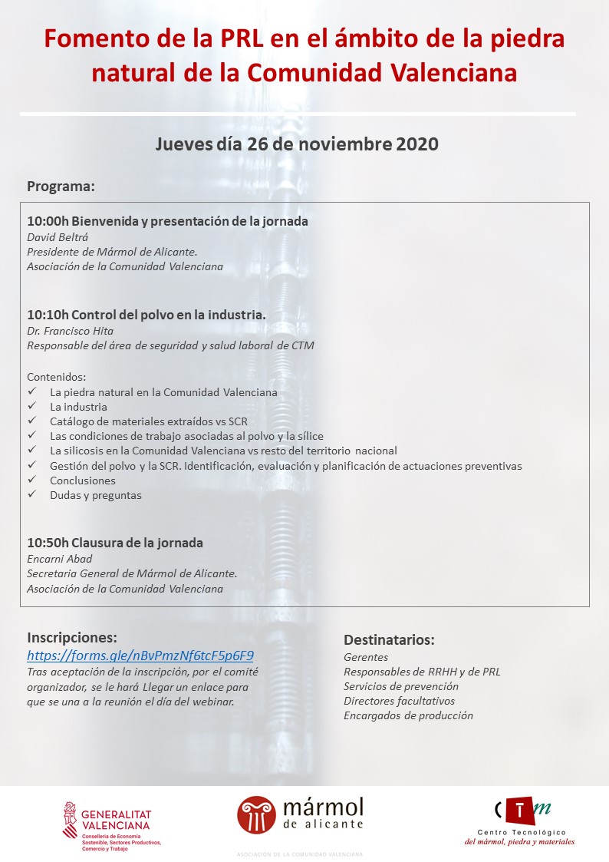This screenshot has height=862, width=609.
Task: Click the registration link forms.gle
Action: click(140, 656)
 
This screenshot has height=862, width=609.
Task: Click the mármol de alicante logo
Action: click(300, 815)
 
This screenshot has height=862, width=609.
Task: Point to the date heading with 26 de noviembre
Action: click(297, 144)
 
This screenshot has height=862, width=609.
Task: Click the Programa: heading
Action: click(61, 187)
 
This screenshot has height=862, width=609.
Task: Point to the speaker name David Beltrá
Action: click(58, 237)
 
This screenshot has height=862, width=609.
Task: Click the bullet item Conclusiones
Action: click(83, 481)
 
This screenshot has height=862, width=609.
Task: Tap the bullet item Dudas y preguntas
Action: click(96, 495)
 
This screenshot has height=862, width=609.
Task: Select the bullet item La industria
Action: click(78, 407)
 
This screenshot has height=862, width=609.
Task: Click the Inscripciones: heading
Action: click(72, 637)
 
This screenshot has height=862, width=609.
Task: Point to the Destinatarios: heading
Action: click(389, 640)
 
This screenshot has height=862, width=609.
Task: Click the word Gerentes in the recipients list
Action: click(366, 657)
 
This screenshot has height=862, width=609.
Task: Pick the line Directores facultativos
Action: click(399, 701)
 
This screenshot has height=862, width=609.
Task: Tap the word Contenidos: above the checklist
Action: click(57, 377)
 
